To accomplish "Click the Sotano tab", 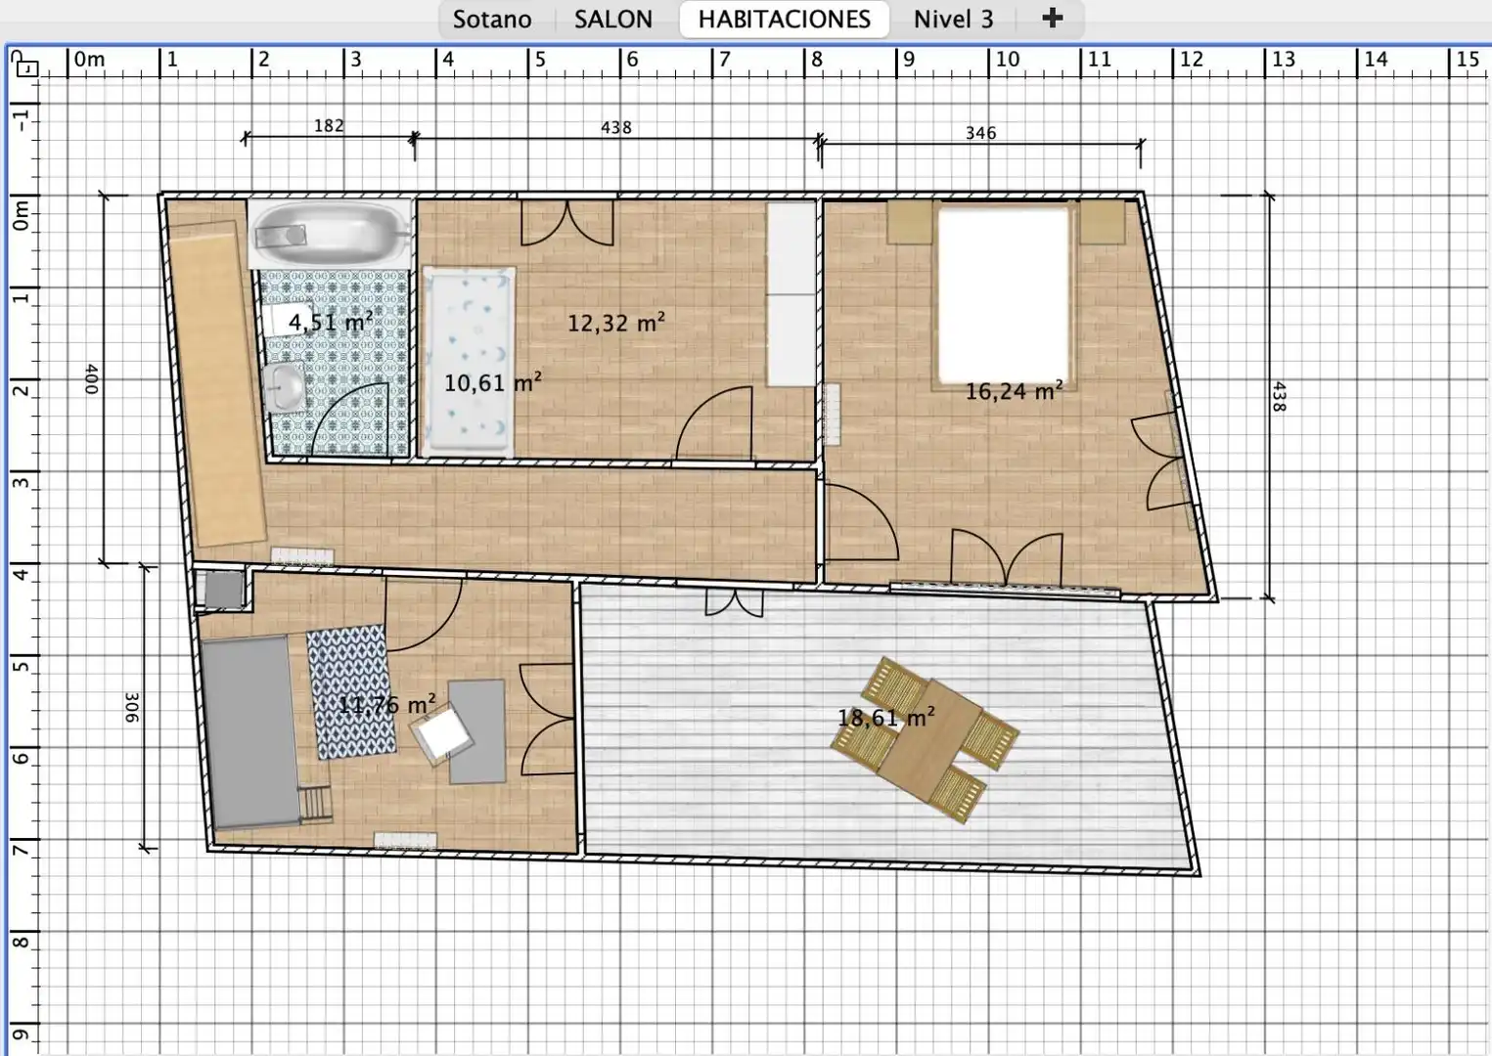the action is tap(492, 20).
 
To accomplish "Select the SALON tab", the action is tap(613, 20).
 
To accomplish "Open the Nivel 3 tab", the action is tap(953, 20).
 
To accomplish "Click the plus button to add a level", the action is tap(1052, 18).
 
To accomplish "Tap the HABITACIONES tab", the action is tap(784, 20).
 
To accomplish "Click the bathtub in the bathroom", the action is tap(331, 233).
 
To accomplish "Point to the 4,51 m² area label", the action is tap(331, 323).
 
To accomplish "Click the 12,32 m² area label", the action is tap(616, 323).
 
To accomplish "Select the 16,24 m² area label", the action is tap(1014, 391).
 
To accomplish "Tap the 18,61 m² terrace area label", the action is tap(885, 718).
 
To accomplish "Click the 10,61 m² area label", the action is tap(492, 383).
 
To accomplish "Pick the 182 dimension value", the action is tap(329, 125).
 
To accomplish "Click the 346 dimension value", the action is tap(981, 133).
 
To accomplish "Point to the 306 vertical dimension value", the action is tap(131, 708).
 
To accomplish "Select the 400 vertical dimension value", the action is tap(92, 378).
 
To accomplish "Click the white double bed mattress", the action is tap(1003, 295).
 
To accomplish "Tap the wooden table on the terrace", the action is tap(925, 740).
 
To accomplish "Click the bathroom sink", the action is tap(285, 387).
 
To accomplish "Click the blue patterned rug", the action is tap(351, 692).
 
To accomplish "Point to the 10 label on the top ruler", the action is tap(1007, 60).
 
